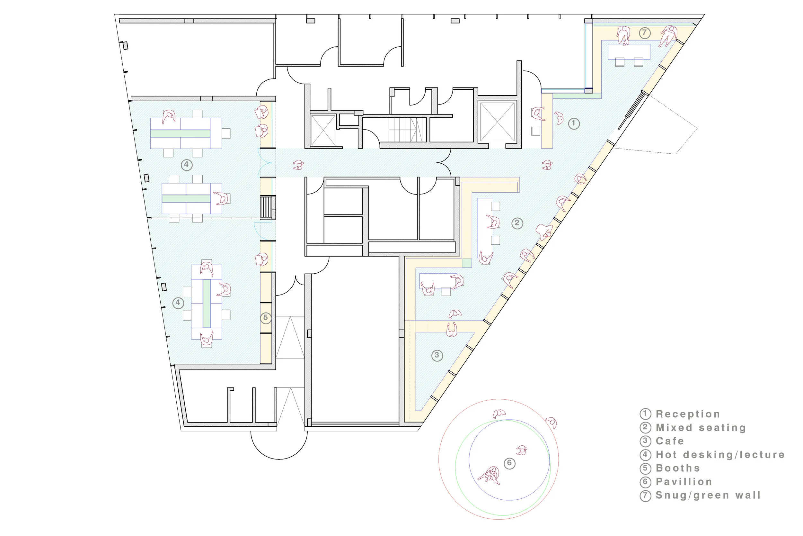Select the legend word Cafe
coord(670,441)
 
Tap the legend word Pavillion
coord(684,482)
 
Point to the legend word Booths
coord(678,468)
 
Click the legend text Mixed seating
coord(701,428)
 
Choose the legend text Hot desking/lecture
coord(720,455)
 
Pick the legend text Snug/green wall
coord(708,495)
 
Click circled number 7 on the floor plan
coord(644,33)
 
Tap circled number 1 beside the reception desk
coord(574,123)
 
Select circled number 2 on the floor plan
coord(517,223)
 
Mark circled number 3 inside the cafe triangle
coord(437,356)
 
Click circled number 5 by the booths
coord(266,318)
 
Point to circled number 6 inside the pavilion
coord(509,464)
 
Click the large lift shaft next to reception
coord(497,121)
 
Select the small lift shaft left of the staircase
coord(323,130)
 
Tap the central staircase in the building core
coord(407,130)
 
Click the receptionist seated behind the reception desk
coord(538,114)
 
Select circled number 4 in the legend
coord(645,455)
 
